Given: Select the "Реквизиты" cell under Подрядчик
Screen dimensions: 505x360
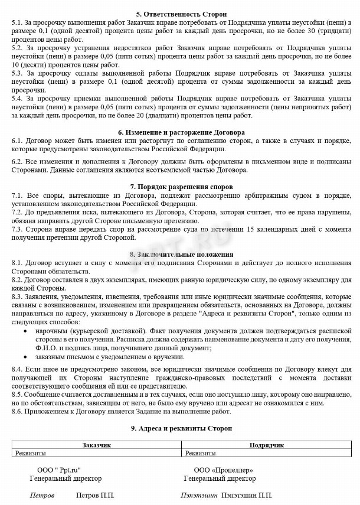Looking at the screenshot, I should click(x=201, y=453).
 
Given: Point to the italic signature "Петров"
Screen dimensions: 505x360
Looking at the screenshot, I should click(x=42, y=496).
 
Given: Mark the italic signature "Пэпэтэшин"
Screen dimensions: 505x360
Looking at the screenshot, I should click(x=199, y=496).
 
